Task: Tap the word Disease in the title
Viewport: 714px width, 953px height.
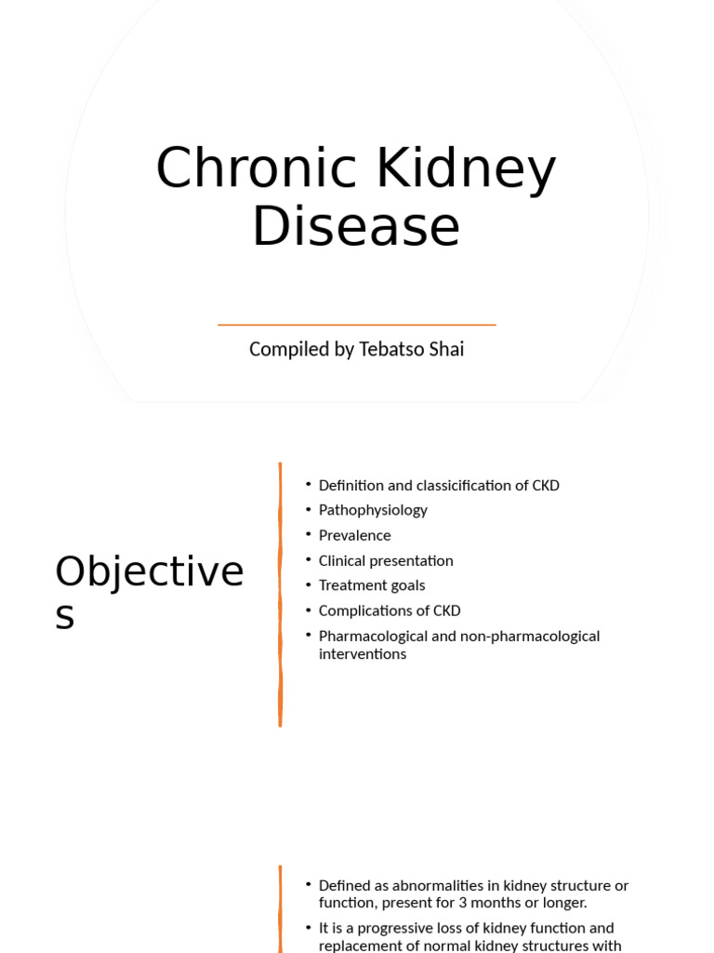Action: [356, 227]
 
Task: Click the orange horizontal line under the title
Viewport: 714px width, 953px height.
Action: [356, 325]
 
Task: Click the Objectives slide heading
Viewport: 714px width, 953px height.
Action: [149, 592]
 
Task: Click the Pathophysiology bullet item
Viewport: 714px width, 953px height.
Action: [373, 510]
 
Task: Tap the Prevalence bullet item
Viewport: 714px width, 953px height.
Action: [354, 535]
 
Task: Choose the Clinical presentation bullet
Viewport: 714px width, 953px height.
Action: [386, 560]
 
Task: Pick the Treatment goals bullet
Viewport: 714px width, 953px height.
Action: [372, 585]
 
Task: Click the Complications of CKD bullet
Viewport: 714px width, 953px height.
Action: [390, 611]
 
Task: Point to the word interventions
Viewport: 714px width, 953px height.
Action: [363, 653]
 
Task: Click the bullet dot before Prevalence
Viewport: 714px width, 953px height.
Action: [308, 535]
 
